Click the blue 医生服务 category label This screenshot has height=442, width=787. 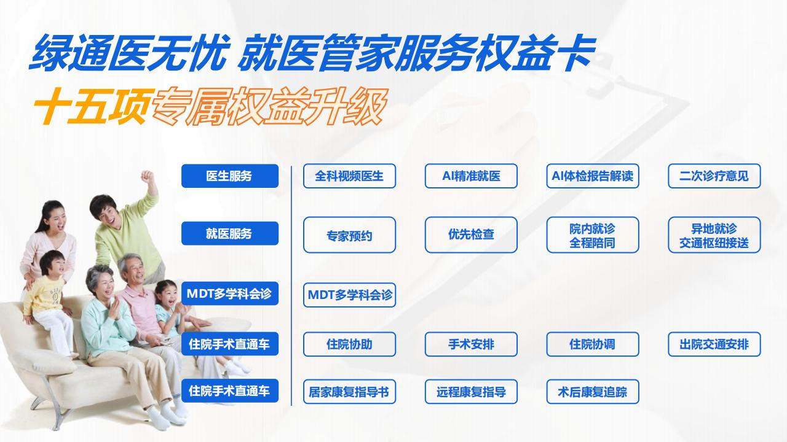click(x=230, y=176)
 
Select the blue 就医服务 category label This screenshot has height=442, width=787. click(x=230, y=233)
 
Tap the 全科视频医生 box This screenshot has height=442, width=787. click(x=350, y=176)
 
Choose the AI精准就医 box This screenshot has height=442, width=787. click(x=471, y=176)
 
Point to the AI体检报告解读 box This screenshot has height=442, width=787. click(x=593, y=176)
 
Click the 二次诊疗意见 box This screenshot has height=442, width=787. click(x=714, y=176)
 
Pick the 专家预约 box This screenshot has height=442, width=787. click(x=350, y=235)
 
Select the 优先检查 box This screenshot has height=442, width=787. click(x=471, y=235)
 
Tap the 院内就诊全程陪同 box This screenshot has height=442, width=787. click(x=593, y=235)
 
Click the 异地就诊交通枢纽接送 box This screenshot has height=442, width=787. click(x=714, y=235)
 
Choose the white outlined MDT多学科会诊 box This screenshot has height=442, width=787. click(x=350, y=295)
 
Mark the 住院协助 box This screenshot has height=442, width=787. click(x=350, y=344)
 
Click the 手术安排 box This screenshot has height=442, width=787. click(x=471, y=344)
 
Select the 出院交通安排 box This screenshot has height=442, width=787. click(x=714, y=344)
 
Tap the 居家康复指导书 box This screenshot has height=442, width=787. click(x=350, y=392)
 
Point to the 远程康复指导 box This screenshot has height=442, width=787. click(x=471, y=392)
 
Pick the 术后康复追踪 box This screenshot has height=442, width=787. click(x=593, y=392)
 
